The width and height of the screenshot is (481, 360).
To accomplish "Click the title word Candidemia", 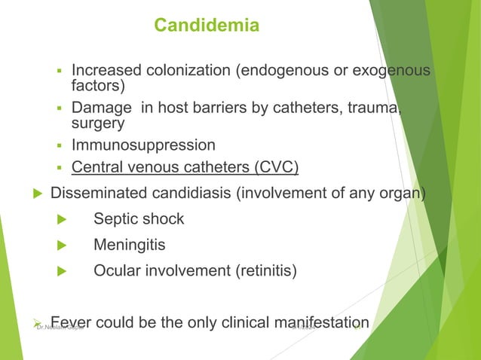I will coord(207,26).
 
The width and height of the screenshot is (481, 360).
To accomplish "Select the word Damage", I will coord(100,107).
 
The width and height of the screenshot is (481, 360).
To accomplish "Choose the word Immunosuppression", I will coord(143,145).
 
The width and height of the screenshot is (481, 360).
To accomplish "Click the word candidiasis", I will coord(189,194).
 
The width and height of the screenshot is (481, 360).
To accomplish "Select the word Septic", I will coord(116,220).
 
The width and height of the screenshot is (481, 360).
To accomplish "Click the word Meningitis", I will coord(130,246).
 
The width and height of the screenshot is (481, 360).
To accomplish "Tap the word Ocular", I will coord(117,271).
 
